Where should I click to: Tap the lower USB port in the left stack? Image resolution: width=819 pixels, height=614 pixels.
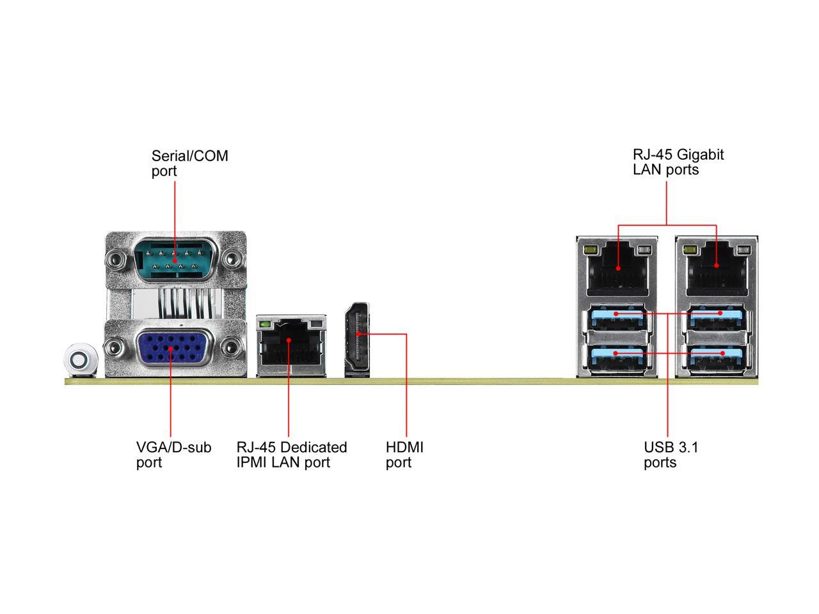pos(617,356)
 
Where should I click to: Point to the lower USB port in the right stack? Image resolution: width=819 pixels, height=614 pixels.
pos(716,356)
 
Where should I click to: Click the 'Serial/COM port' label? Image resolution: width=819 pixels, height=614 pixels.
pos(189,163)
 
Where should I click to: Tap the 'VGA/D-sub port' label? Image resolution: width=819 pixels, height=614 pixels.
pos(173,455)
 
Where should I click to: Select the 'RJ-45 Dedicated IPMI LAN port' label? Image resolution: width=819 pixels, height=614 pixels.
pos(291,455)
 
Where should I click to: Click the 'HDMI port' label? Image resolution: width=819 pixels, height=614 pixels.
pos(404,455)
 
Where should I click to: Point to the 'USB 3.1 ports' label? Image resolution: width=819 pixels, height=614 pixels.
pos(671,454)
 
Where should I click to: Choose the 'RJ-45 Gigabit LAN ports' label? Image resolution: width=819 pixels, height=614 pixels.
pos(678,162)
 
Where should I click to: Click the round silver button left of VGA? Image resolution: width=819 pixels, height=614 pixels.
pos(79,361)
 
